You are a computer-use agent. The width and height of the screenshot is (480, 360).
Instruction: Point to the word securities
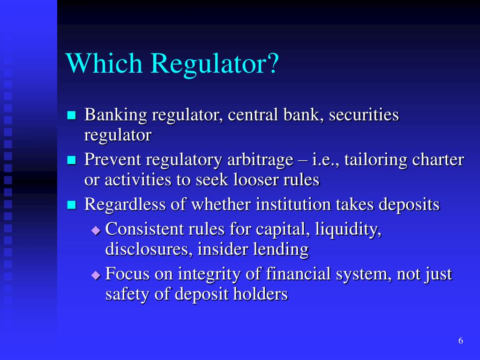[x=364, y=115]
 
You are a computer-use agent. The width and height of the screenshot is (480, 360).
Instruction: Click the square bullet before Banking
[x=71, y=116]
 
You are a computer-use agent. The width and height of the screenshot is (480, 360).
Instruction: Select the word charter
[x=438, y=160]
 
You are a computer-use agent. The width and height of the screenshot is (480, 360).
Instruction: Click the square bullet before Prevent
[x=71, y=161]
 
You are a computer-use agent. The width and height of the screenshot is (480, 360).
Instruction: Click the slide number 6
[x=461, y=341]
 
